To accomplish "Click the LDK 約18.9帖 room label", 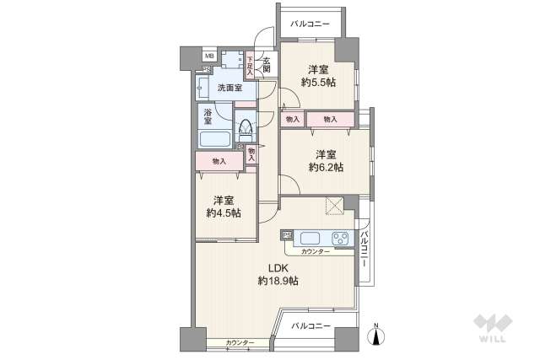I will pyautogui.click(x=275, y=275).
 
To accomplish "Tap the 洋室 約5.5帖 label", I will pyautogui.click(x=317, y=75).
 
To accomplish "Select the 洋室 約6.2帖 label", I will pyautogui.click(x=327, y=160).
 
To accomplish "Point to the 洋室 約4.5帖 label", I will pyautogui.click(x=224, y=207).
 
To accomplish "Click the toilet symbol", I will pyautogui.click(x=246, y=129).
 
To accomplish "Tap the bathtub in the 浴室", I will pyautogui.click(x=217, y=139).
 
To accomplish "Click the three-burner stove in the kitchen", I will pyautogui.click(x=340, y=238).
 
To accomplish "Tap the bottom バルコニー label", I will pyautogui.click(x=311, y=325).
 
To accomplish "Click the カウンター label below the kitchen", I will pyautogui.click(x=316, y=252).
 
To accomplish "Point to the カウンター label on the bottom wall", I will pyautogui.click(x=240, y=343).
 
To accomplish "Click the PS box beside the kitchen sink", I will pyautogui.click(x=286, y=235).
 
